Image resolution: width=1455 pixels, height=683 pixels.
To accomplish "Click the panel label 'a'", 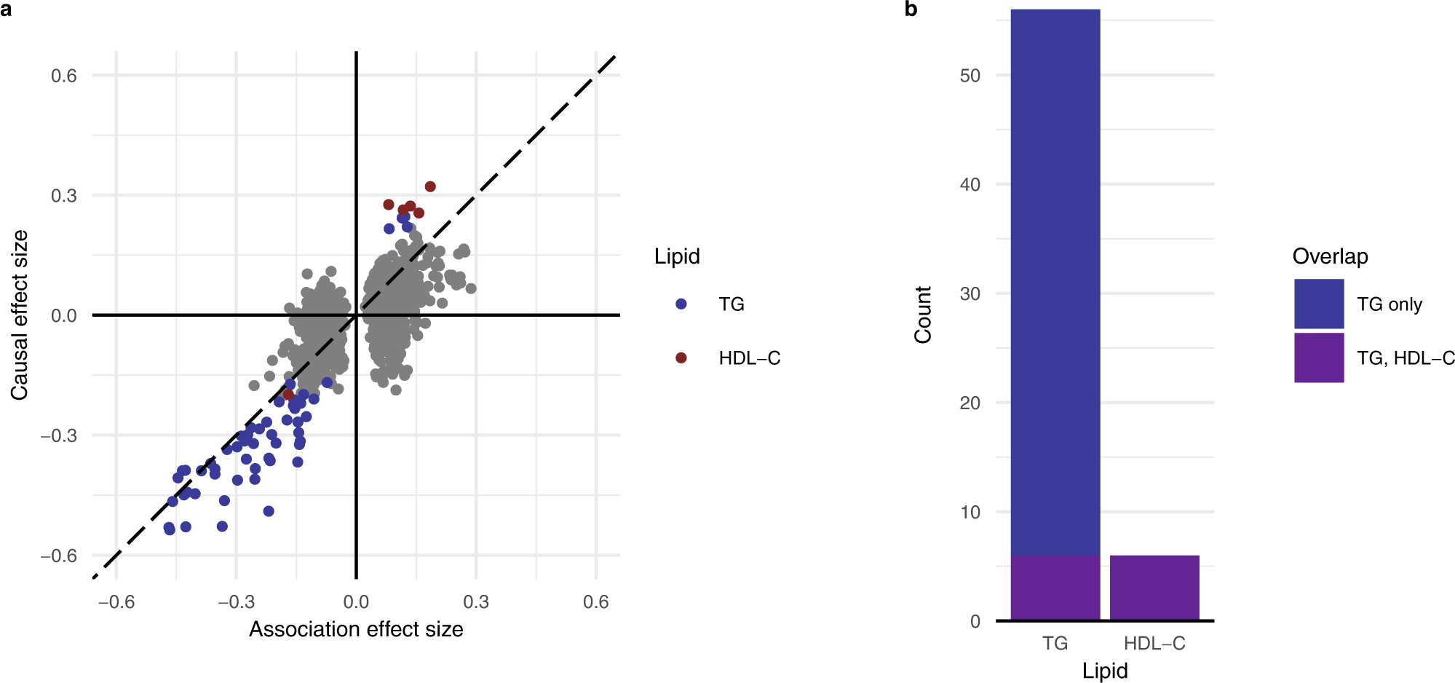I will (x=6, y=10).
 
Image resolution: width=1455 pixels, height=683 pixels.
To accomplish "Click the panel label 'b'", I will (x=911, y=10).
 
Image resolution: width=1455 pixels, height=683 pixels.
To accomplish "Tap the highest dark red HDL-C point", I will (x=430, y=187).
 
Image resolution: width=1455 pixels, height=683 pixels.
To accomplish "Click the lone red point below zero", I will (x=288, y=394).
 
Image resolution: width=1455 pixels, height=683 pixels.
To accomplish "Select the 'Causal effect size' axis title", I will (x=20, y=315).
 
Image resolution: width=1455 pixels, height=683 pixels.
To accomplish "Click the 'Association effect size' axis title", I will (x=356, y=629).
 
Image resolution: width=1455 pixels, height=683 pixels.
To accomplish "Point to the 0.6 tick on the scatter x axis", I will (x=595, y=602).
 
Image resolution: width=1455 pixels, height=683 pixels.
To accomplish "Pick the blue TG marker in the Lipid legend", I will (x=681, y=304).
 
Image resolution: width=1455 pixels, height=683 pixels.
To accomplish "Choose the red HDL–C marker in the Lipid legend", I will (x=681, y=358).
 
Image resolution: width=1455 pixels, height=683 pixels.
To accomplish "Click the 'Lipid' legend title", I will (x=677, y=256).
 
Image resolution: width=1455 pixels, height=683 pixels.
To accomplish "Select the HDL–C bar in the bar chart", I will (x=1154, y=588).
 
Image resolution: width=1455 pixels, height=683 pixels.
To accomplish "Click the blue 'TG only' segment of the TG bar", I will (x=1055, y=284).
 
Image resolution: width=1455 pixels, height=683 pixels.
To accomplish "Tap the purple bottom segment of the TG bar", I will (x=1055, y=588).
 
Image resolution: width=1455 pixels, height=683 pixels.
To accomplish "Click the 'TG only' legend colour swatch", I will (x=1319, y=304).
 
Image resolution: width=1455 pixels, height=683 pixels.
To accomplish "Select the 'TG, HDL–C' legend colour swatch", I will (x=1319, y=358).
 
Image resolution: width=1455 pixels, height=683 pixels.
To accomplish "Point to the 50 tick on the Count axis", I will (x=970, y=76).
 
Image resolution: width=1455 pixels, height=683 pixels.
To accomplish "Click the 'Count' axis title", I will (x=923, y=315).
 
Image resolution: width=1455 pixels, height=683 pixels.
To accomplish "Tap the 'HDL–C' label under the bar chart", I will (x=1154, y=644).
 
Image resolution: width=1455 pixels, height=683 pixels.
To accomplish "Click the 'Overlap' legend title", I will (x=1330, y=256).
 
